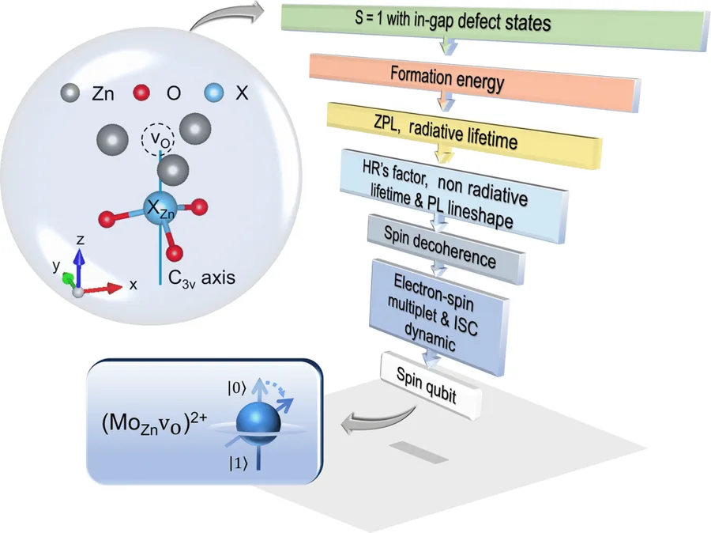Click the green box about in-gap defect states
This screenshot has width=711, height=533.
pyautogui.click(x=495, y=25)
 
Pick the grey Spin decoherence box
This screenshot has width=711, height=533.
pyautogui.click(x=446, y=249)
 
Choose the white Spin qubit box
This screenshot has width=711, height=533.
pyautogui.click(x=431, y=386)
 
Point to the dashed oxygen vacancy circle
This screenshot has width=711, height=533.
pyautogui.click(x=157, y=139)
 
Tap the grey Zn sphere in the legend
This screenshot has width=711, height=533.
pyautogui.click(x=70, y=93)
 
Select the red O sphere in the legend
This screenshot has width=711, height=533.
pyautogui.click(x=141, y=93)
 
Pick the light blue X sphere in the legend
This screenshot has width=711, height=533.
pyautogui.click(x=214, y=93)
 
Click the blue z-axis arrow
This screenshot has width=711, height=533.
pyautogui.click(x=80, y=269)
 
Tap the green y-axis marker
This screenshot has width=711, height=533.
pyautogui.click(x=69, y=278)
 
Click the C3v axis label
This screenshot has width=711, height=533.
pyautogui.click(x=201, y=278)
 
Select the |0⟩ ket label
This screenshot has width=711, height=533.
pyautogui.click(x=237, y=388)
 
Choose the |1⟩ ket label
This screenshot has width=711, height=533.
pyautogui.click(x=238, y=463)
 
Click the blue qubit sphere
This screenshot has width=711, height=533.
pyautogui.click(x=258, y=423)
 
